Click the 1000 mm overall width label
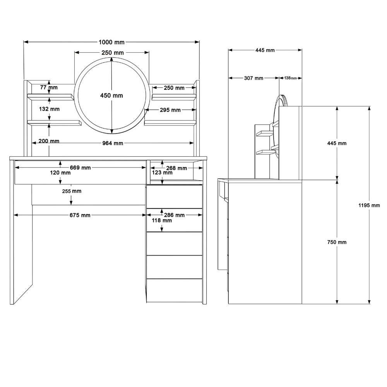111,42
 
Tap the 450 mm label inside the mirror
111,96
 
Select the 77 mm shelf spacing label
49,87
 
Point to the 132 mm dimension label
50,109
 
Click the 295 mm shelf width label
170,110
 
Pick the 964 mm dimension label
113,143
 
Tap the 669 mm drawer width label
80,168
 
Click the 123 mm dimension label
162,173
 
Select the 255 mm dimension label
72,191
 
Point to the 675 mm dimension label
80,215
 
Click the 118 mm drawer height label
162,221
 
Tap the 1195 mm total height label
369,205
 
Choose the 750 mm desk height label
337,242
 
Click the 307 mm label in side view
254,78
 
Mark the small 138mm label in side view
291,78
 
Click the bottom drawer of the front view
175,290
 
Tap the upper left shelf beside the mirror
51,97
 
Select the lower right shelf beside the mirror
170,123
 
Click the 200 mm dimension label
49,141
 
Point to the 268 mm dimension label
176,168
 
